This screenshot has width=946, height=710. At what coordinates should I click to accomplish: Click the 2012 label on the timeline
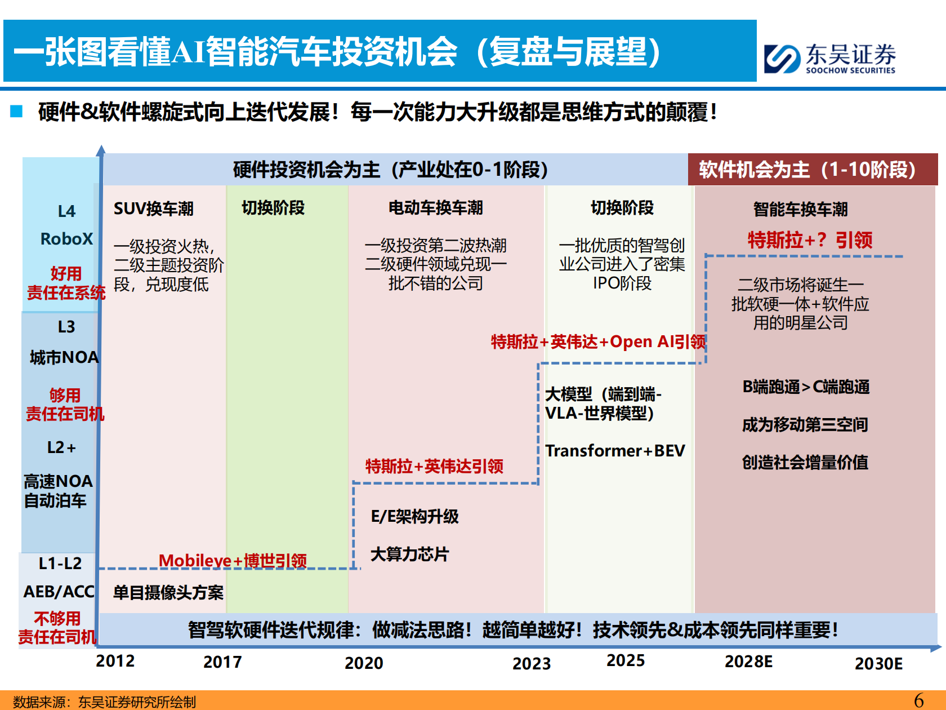(x=115, y=661)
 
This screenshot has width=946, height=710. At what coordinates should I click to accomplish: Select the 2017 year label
(x=222, y=662)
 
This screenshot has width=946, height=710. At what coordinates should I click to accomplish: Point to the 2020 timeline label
(x=364, y=663)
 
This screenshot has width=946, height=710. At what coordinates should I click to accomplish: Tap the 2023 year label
(x=532, y=664)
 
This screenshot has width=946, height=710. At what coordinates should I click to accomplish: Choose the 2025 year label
(x=626, y=660)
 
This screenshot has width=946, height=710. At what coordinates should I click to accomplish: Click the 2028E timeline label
(x=748, y=662)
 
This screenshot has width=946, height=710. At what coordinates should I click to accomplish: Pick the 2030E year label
(x=878, y=664)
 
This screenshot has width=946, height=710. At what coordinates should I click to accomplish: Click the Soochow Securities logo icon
(x=782, y=59)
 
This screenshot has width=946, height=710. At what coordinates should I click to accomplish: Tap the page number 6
(x=919, y=700)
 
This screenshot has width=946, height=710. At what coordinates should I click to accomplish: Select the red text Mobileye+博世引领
(x=233, y=561)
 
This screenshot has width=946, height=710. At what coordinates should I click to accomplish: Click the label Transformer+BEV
(x=615, y=451)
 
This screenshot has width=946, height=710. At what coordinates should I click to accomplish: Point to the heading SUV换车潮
(x=153, y=209)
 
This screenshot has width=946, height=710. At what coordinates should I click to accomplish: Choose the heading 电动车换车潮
(x=435, y=208)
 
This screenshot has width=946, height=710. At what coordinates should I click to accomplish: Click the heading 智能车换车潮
(x=800, y=210)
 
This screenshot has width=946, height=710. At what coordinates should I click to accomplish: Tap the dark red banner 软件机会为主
(x=807, y=170)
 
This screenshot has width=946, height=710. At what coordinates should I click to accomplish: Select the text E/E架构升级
(x=414, y=517)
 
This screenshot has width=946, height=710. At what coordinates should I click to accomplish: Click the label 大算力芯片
(x=409, y=554)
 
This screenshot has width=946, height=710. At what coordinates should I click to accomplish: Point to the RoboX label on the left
(x=66, y=239)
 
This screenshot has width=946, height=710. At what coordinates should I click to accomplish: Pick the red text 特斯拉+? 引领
(x=810, y=241)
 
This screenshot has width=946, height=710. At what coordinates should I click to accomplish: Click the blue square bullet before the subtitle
(x=16, y=111)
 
